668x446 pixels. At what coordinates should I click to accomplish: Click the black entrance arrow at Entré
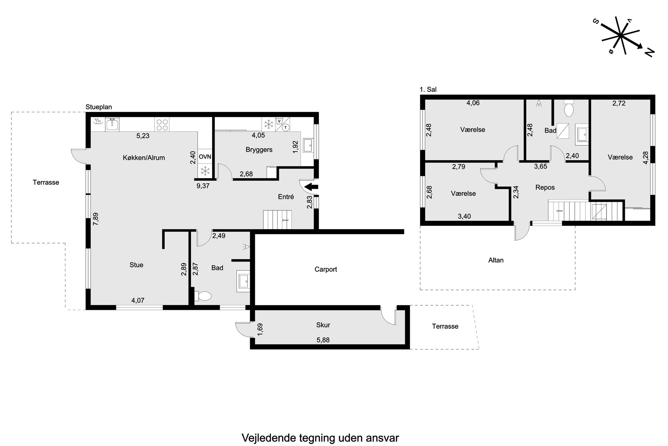(311, 187)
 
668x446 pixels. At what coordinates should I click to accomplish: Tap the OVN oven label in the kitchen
(205, 156)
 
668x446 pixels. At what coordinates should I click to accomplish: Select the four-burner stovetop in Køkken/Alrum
(162, 125)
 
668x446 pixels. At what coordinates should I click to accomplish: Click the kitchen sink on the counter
(112, 124)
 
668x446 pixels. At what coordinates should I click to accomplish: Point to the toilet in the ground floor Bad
(203, 296)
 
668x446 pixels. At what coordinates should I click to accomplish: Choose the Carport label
(326, 269)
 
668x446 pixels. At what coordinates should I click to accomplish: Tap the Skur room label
(323, 325)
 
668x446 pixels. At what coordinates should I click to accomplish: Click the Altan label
(496, 260)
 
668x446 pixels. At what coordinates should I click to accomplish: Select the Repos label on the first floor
(545, 187)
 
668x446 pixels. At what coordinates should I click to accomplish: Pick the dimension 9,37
(203, 186)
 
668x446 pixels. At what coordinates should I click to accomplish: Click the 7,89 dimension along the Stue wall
(96, 219)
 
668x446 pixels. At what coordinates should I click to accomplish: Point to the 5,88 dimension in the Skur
(323, 340)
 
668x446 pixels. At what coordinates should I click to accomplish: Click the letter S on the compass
(596, 22)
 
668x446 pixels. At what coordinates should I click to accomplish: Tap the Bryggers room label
(259, 150)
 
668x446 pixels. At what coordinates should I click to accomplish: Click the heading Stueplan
(99, 107)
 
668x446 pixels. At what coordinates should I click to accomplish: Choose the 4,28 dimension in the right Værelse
(645, 158)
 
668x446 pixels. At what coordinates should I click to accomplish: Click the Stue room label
(136, 265)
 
